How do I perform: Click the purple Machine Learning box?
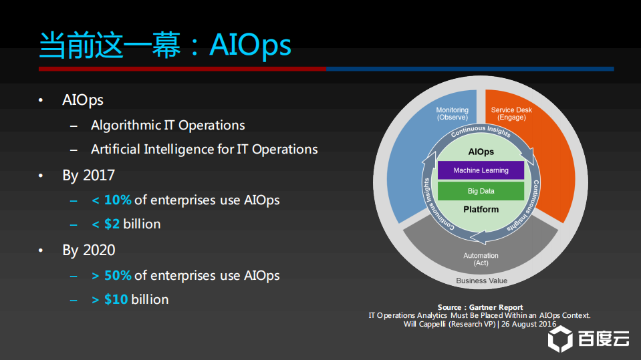click(x=481, y=170)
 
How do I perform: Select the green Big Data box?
click(x=481, y=191)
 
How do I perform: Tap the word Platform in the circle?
click(x=481, y=209)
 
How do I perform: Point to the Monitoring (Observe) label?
click(x=452, y=114)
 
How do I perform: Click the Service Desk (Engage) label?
click(x=511, y=114)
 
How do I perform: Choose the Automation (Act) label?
click(x=481, y=259)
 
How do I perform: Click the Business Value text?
click(x=481, y=281)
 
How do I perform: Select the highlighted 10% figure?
click(x=118, y=200)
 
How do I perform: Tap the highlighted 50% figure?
click(x=118, y=275)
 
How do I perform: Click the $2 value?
click(x=112, y=224)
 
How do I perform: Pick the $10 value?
click(x=116, y=299)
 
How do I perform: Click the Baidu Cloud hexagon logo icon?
click(x=560, y=339)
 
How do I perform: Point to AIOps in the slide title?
click(x=250, y=45)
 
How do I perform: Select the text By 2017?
click(x=89, y=175)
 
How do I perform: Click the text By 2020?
click(x=89, y=250)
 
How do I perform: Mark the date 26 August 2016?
click(x=529, y=324)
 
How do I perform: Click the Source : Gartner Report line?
click(x=481, y=307)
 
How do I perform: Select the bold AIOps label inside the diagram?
click(x=481, y=152)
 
